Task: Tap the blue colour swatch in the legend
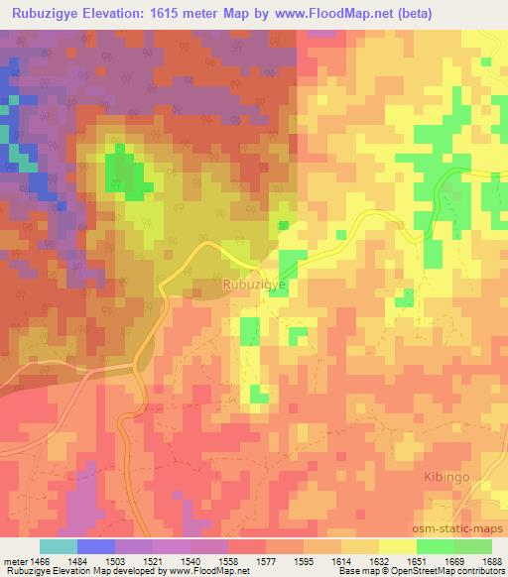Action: coord(96,546)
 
